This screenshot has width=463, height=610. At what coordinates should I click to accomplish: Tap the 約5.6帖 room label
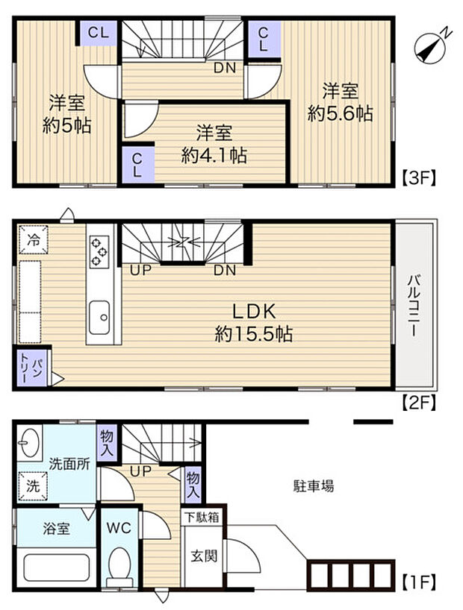(341, 103)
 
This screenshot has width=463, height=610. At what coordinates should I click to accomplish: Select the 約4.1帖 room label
(214, 145)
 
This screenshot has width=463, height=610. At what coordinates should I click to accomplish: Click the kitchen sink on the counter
(100, 319)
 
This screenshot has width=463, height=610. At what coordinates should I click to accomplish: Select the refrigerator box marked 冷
(34, 240)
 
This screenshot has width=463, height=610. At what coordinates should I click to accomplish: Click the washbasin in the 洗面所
(31, 444)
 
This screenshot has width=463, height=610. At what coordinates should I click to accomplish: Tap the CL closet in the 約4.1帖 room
(137, 164)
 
